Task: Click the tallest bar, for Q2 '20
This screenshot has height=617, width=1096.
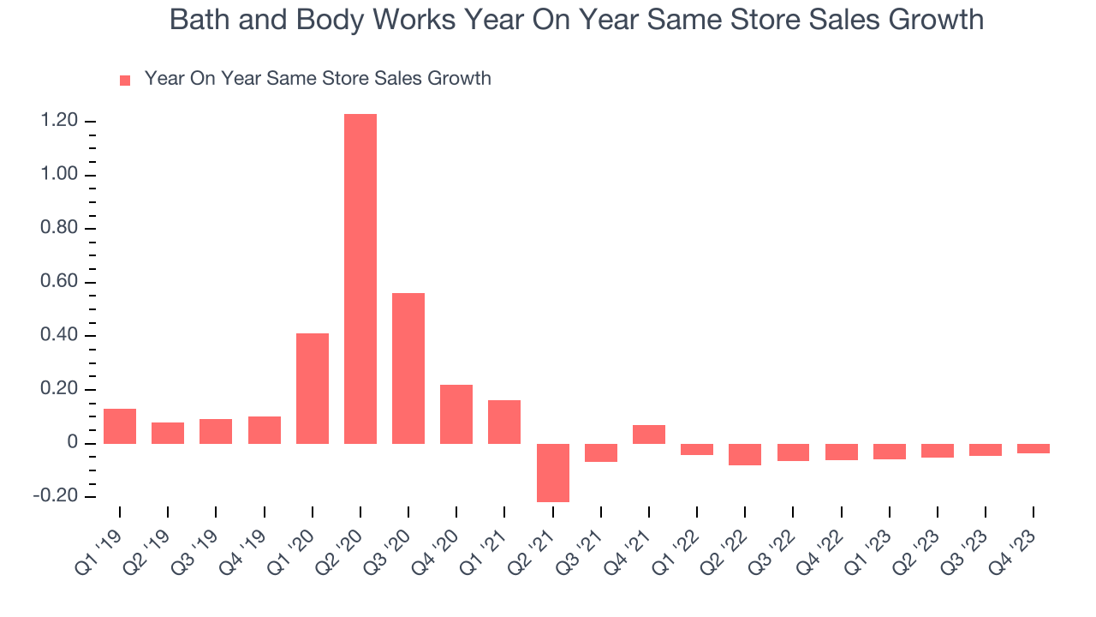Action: click(360, 279)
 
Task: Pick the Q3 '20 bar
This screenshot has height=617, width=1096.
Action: click(408, 368)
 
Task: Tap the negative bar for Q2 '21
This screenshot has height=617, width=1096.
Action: click(553, 472)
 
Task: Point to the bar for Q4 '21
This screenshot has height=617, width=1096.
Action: click(649, 434)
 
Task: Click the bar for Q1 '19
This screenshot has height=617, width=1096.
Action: click(120, 426)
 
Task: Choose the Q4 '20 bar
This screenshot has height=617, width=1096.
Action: click(456, 414)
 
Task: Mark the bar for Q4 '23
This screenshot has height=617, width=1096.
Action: click(1033, 448)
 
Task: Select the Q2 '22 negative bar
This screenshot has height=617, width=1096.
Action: click(745, 454)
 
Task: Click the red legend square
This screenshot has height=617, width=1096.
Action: click(125, 80)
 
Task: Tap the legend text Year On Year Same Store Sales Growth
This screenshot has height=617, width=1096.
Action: click(318, 79)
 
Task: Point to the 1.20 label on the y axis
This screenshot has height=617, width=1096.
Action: click(59, 122)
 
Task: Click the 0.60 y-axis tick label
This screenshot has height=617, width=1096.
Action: click(59, 283)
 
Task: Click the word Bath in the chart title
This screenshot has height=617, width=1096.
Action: click(198, 20)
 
